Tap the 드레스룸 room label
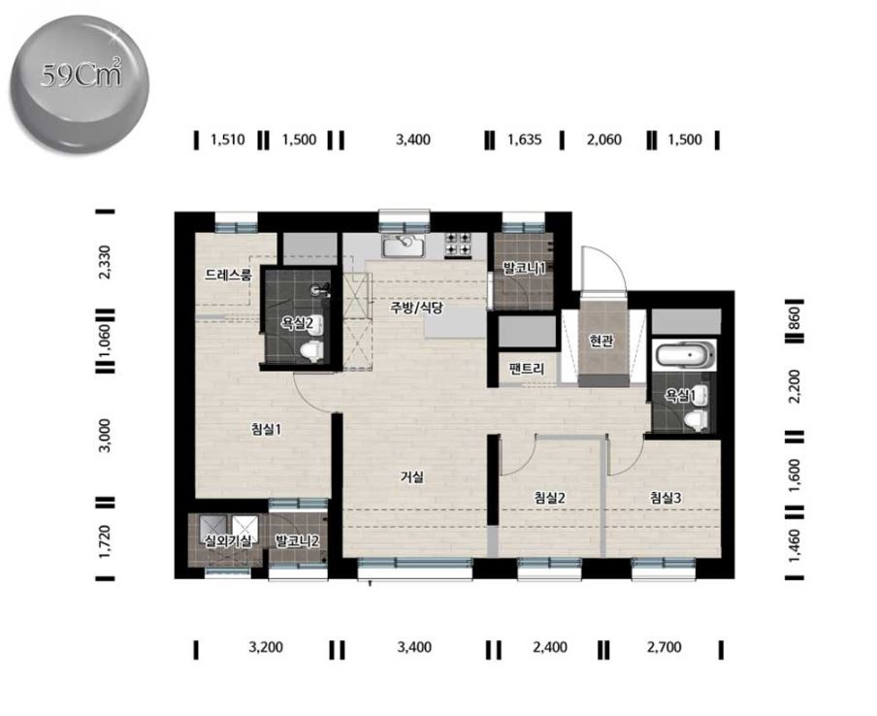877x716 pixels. (228, 275)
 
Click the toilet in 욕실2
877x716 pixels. (312, 350)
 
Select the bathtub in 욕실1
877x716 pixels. (685, 356)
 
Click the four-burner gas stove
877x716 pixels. (457, 244)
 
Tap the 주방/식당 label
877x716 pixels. (417, 308)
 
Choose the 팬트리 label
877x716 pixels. (527, 368)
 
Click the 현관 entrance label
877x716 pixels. (601, 341)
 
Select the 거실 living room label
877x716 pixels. (412, 477)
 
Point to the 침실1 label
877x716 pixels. (266, 429)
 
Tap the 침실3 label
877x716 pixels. (666, 498)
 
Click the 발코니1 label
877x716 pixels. (524, 268)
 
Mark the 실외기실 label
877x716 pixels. (228, 540)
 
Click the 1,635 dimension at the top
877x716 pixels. (525, 140)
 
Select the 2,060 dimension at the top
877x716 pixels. (604, 140)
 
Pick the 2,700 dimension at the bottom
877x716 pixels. (665, 647)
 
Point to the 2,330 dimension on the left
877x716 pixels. (105, 261)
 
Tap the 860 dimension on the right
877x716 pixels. (795, 319)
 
